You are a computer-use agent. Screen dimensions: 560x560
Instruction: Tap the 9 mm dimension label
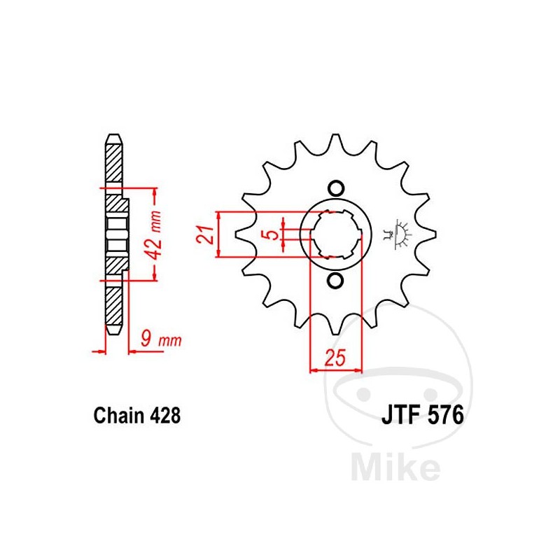point(161,339)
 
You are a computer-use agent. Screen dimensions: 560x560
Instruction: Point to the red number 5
point(272,234)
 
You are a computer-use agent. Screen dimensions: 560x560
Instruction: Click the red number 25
point(335,358)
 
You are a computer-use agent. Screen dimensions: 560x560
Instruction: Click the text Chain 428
point(137,415)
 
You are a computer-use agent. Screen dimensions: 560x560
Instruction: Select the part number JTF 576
point(423,415)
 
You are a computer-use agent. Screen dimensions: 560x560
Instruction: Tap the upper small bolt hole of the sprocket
point(336,188)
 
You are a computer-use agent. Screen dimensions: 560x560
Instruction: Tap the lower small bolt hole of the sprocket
point(335,281)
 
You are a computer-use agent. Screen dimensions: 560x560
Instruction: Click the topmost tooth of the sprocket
point(335,141)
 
